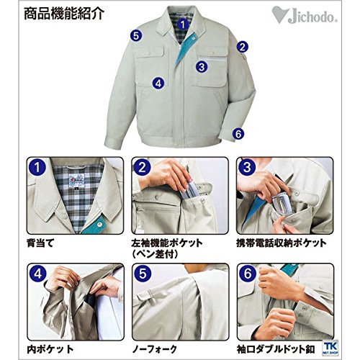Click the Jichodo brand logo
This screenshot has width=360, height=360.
tap(305, 16)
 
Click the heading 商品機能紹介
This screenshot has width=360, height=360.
tap(64, 14)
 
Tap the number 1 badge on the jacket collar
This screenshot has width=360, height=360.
tap(183, 24)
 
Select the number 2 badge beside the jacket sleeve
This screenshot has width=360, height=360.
tap(243, 47)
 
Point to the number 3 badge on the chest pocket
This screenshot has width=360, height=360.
tap(202, 67)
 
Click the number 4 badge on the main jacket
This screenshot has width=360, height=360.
tap(158, 84)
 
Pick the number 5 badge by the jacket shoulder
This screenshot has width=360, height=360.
tap(136, 36)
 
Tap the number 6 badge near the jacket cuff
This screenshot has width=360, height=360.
tap(238, 134)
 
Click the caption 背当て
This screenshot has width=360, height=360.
tap(40, 243)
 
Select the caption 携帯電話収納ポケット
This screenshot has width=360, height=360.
tap(282, 243)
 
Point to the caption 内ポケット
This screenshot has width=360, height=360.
tap(50, 349)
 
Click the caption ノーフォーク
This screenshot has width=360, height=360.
tap(155, 349)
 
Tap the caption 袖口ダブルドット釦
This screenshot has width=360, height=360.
tap(276, 349)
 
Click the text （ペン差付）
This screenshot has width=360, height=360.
tap(155, 254)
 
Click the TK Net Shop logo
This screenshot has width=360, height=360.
tap(330, 348)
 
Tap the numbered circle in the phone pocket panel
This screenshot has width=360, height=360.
tap(247, 167)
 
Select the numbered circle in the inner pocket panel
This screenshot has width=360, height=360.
tap(37, 274)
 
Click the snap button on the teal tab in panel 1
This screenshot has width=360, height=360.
tap(99, 225)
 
